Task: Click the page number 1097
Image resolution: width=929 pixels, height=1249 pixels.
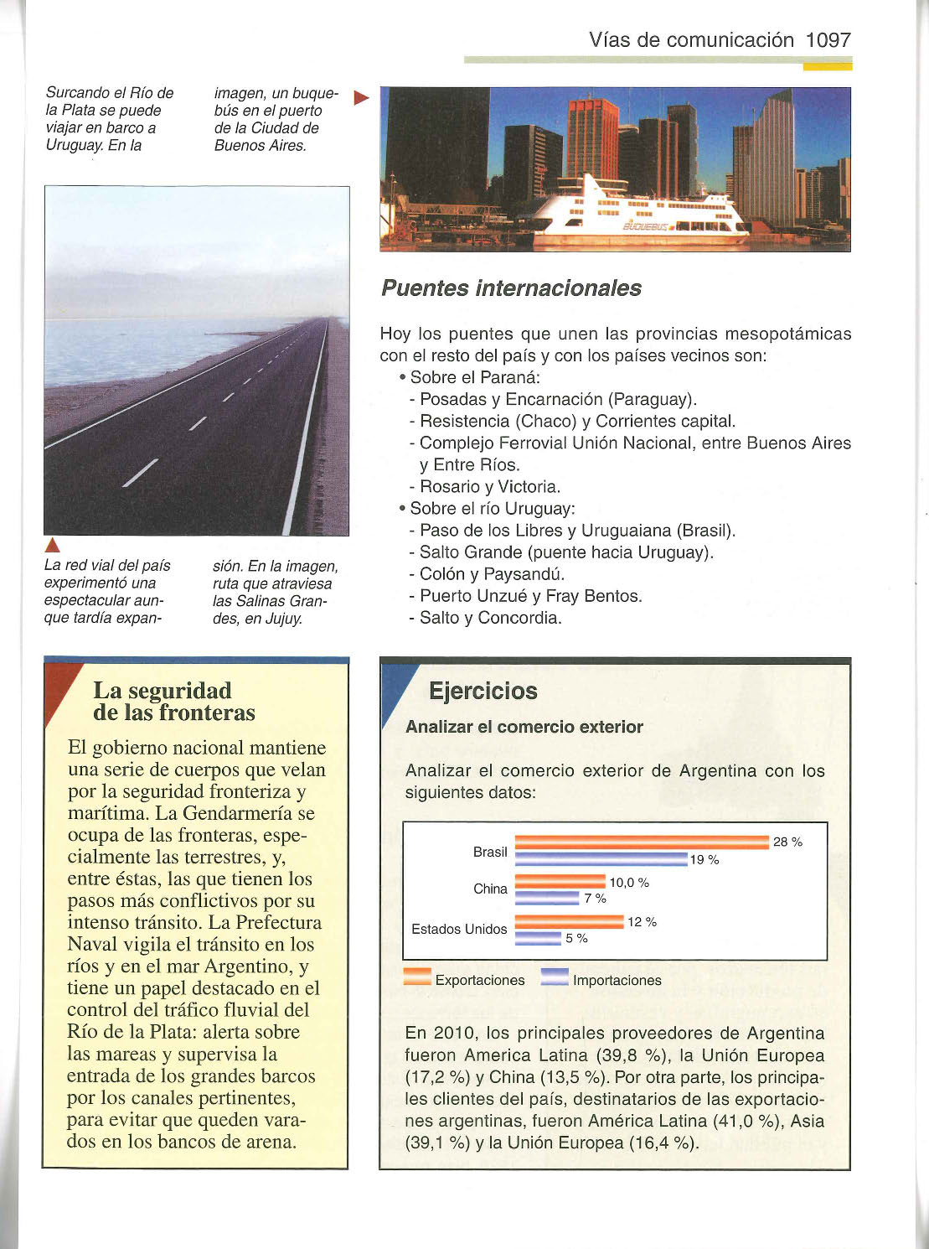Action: (x=828, y=39)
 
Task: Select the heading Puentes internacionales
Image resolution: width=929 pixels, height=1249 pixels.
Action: (x=511, y=288)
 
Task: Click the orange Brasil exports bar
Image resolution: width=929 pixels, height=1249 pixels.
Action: (x=642, y=842)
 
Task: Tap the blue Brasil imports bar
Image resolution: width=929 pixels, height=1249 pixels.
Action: (x=601, y=859)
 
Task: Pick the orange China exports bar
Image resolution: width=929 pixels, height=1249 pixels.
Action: (x=560, y=882)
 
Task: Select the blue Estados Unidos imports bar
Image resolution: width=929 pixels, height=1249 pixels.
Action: (x=538, y=938)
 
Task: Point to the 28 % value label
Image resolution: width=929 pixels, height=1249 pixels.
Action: (x=787, y=842)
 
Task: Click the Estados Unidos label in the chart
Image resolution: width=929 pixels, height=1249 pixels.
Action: (x=459, y=929)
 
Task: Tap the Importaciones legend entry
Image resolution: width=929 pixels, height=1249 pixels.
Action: (x=601, y=980)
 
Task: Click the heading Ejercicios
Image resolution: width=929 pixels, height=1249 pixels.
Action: (x=483, y=692)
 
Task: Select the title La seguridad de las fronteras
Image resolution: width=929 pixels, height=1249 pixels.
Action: (x=174, y=702)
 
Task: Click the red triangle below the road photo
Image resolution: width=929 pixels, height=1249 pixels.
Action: (x=51, y=549)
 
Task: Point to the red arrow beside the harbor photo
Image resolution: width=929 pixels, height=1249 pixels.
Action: (x=362, y=98)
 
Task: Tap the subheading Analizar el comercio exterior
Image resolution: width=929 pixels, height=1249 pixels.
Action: (x=524, y=728)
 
